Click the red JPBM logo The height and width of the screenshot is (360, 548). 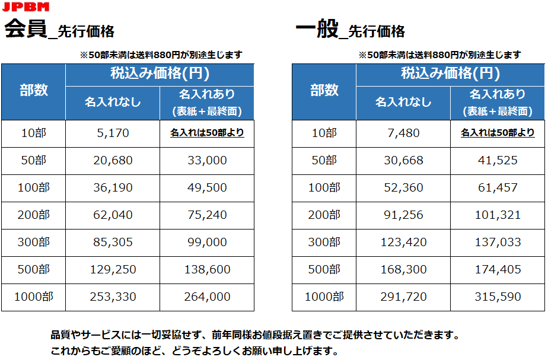point(26,7)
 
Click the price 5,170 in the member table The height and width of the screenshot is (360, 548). point(113,133)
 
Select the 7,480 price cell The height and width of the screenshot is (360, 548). point(403,133)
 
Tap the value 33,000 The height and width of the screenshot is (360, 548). point(207,161)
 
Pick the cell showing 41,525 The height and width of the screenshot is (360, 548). point(498,161)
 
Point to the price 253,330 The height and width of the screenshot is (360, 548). point(113,297)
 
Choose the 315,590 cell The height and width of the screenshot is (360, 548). point(498,297)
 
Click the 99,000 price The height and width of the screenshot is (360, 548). point(207,243)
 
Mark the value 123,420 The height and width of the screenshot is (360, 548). point(403,243)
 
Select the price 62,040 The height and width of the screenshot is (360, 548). point(113,215)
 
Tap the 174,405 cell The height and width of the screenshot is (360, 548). point(498,270)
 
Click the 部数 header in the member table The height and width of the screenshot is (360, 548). point(34,91)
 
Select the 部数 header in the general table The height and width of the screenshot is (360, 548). point(324,91)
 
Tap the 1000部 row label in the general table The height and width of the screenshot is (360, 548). point(324,297)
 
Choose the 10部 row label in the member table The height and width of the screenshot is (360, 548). point(34,133)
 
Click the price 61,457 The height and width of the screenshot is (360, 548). point(498,188)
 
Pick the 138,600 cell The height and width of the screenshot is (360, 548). point(207,270)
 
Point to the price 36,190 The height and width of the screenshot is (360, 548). point(113,188)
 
